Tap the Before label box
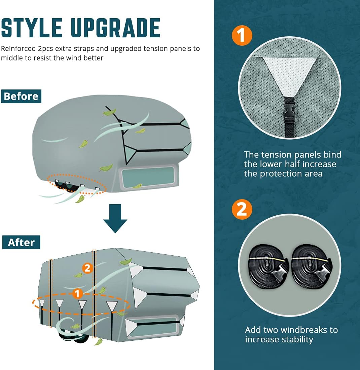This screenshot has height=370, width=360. tap(21, 96)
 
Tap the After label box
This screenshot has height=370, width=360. tap(21, 242)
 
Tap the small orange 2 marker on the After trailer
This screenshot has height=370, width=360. tap(87, 268)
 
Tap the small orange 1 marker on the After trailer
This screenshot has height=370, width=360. tap(78, 294)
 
